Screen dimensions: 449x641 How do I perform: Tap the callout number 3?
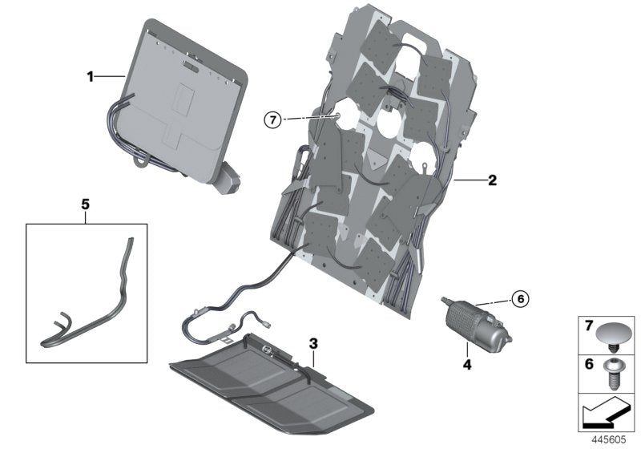313,343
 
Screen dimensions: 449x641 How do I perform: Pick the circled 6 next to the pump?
518,299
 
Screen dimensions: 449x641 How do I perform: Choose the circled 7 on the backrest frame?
273,120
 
